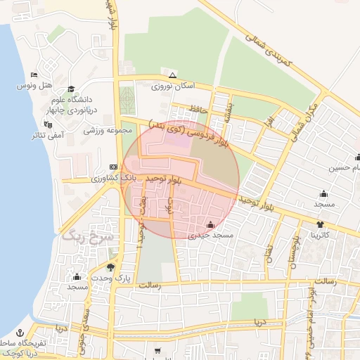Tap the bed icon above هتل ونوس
tap(34, 75)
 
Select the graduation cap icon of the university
tap(71, 89)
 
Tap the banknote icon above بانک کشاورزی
tap(114, 167)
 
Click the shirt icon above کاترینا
tap(321, 224)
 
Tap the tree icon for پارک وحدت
tap(111, 267)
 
